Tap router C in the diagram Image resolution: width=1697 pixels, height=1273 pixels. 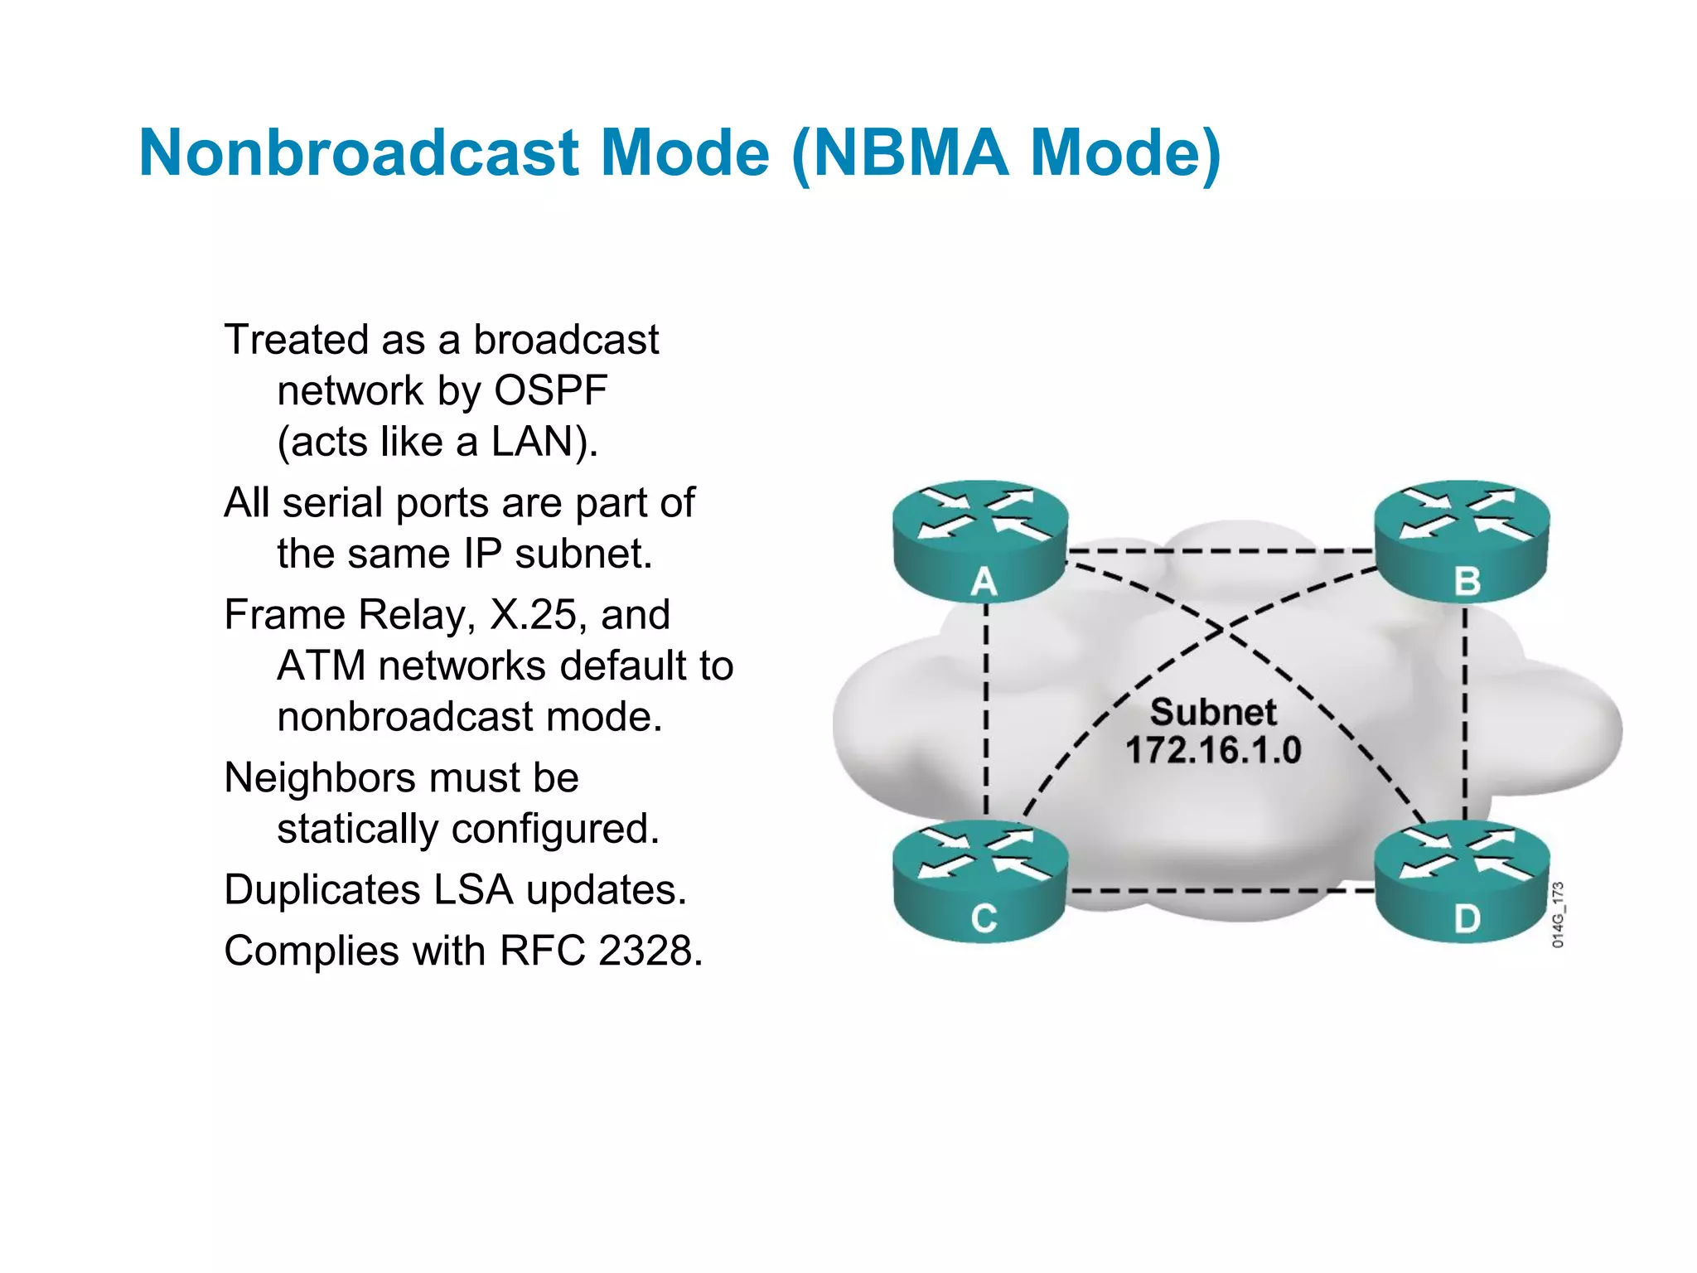click(x=981, y=880)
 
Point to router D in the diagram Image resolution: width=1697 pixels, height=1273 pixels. click(x=1462, y=880)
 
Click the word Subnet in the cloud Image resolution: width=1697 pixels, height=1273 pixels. click(x=1213, y=713)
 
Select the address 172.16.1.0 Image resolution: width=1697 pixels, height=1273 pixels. click(x=1213, y=751)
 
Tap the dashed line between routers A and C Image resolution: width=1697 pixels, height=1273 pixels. click(x=986, y=713)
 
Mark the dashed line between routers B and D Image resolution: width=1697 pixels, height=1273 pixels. click(x=1465, y=713)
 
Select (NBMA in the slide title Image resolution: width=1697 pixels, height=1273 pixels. click(x=900, y=153)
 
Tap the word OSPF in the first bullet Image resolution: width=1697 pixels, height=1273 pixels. click(x=550, y=390)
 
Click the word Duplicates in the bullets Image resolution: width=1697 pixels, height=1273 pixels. click(x=322, y=890)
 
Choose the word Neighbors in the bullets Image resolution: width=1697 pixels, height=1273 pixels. click(x=320, y=778)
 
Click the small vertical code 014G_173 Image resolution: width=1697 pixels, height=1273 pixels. click(x=1558, y=914)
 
